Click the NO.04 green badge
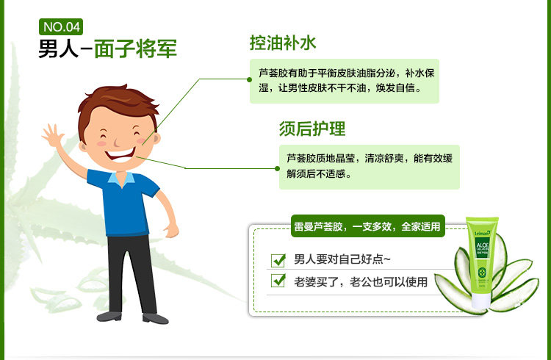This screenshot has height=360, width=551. click(61, 26)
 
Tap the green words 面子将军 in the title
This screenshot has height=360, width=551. click(136, 48)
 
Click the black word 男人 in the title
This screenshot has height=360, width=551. click(58, 48)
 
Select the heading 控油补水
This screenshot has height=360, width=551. click(283, 43)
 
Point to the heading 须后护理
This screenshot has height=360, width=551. click(312, 129)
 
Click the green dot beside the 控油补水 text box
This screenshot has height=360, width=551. click(250, 79)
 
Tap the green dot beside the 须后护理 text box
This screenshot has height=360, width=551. click(277, 169)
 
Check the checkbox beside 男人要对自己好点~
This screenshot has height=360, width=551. click(278, 260)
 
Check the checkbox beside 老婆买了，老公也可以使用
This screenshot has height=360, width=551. click(278, 280)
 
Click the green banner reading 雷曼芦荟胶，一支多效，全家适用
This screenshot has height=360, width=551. click(368, 226)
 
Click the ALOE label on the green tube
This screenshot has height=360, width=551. click(482, 245)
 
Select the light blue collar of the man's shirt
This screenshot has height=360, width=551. click(121, 179)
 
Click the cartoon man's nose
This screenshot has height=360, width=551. click(117, 143)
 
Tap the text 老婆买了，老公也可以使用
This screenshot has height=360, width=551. click(361, 281)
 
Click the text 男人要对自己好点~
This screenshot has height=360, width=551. click(342, 259)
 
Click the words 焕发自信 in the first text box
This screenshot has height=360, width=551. click(395, 88)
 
